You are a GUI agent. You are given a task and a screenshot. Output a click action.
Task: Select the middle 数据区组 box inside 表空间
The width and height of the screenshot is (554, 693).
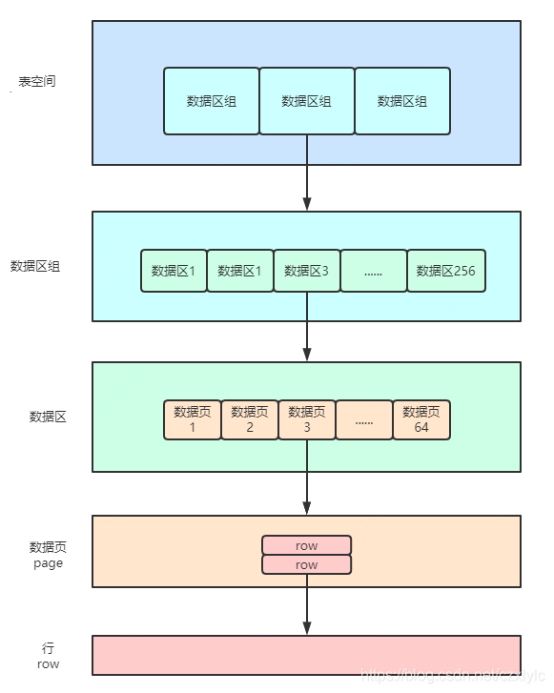coord(307,101)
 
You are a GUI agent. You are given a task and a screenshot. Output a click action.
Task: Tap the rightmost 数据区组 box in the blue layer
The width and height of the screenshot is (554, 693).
coord(402,101)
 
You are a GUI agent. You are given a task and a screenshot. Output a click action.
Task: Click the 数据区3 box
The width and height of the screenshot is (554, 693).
coord(307,271)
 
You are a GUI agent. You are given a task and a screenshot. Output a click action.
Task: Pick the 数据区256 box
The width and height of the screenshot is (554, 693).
coord(445,271)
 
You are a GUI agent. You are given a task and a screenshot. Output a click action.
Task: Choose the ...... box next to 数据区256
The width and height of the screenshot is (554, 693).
coord(374,271)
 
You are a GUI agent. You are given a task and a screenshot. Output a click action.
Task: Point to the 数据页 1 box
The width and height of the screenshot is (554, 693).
coord(193,419)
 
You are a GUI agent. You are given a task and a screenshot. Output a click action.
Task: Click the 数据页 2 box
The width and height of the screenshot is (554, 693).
coord(250,419)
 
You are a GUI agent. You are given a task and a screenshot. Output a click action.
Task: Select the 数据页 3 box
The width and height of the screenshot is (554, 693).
coord(307,419)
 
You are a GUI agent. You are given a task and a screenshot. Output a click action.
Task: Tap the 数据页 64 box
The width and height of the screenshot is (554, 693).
coord(421,419)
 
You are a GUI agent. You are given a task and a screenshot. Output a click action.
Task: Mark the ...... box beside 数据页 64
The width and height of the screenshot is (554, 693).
coord(364,419)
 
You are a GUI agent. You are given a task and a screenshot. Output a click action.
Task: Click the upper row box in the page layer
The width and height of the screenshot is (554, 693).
coord(307,545)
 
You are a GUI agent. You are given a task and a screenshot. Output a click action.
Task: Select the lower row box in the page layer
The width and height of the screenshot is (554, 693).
coord(307,565)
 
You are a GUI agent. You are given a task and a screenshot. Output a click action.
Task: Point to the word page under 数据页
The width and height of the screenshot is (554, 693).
coord(48,563)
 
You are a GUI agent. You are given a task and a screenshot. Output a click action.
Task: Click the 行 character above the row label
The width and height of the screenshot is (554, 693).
coord(49,648)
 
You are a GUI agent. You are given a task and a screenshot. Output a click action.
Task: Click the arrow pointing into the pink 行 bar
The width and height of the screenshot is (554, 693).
coord(307,605)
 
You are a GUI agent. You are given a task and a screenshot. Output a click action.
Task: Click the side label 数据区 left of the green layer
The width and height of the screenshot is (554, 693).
coord(48,417)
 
